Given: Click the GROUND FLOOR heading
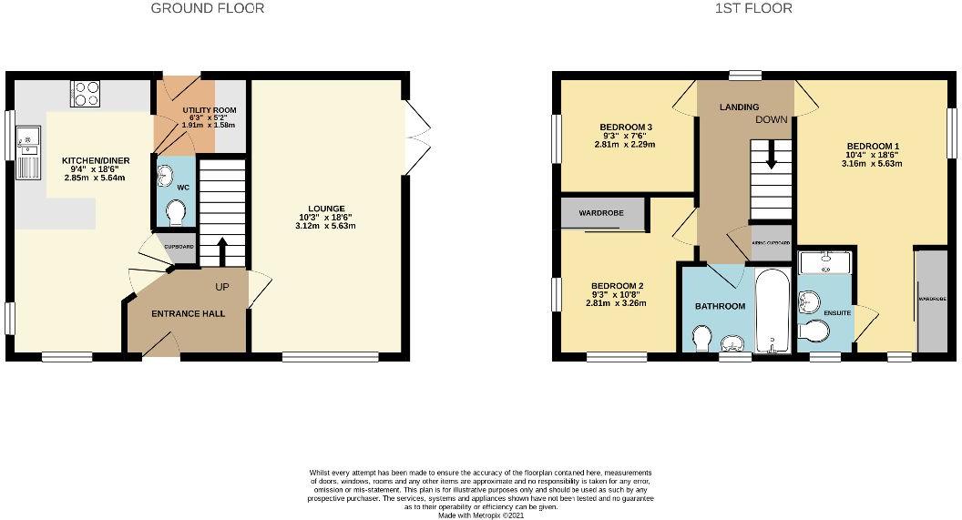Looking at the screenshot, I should coord(208,8).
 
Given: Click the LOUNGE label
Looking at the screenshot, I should coord(325,209).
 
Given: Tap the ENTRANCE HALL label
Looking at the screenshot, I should coord(188,314).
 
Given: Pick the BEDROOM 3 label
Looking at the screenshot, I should coord(625,127).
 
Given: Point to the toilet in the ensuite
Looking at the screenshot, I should coord(811,333).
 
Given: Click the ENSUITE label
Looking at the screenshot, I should coord(835,312).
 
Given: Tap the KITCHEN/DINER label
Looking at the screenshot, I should coord(96,161).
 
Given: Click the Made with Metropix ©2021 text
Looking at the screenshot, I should coord(480,515).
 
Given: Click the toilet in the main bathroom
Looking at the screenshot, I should coord(701,339).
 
